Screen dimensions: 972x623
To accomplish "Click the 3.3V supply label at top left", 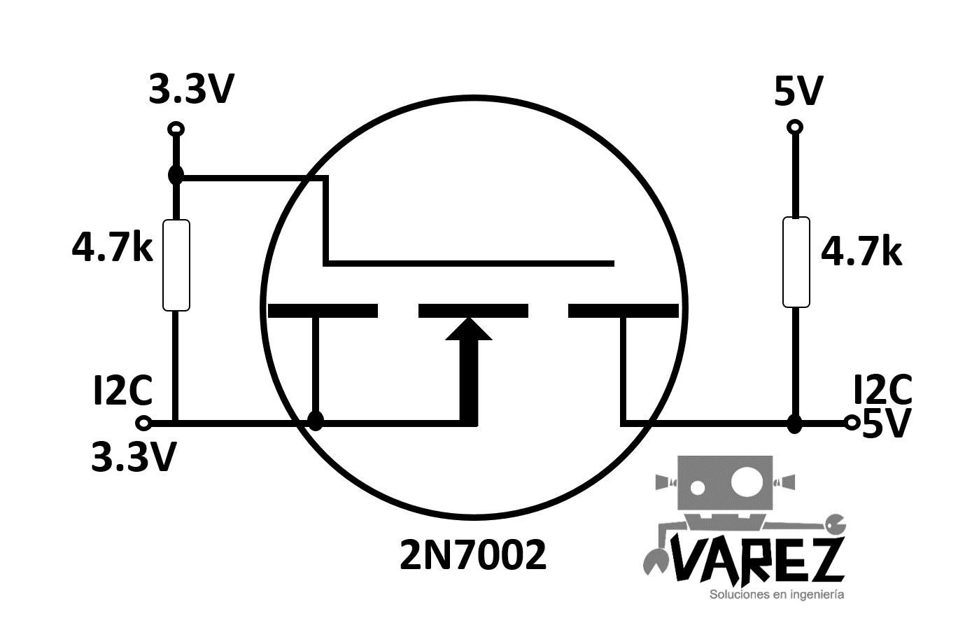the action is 191,89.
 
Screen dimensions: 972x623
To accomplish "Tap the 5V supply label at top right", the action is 799,91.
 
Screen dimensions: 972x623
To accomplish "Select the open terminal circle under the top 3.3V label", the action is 176,129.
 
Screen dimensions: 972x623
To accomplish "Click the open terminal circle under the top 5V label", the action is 795,127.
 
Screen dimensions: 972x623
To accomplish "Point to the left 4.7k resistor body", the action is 176,265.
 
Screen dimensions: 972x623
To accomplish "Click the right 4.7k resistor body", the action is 796,262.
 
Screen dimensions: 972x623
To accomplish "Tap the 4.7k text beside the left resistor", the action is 113,248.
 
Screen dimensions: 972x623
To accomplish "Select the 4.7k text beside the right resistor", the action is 861,251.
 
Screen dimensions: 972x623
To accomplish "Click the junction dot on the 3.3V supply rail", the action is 176,176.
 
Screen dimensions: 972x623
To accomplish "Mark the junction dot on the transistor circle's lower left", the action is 316,421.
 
